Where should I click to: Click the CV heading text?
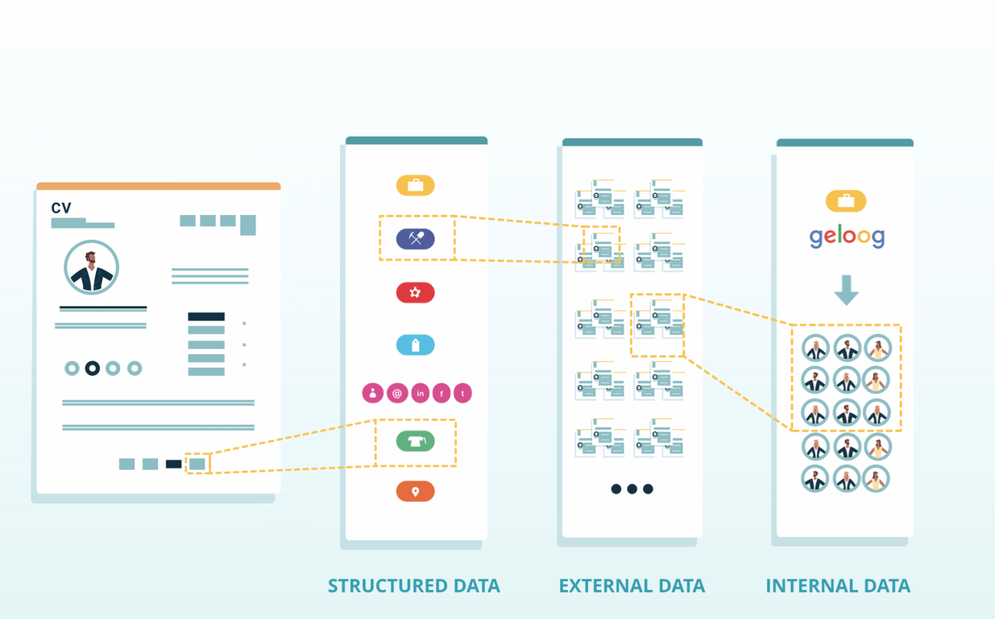(x=62, y=208)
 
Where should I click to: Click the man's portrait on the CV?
(x=91, y=268)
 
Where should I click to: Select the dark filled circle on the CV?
(x=93, y=368)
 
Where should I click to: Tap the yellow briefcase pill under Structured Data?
(x=415, y=185)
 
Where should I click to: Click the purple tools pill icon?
(x=415, y=239)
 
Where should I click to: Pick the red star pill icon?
(x=415, y=293)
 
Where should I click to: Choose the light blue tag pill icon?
(x=415, y=345)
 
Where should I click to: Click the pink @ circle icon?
(x=397, y=393)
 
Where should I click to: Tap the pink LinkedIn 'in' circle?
(x=420, y=393)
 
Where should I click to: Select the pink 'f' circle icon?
(x=441, y=393)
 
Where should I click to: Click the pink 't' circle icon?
(x=463, y=393)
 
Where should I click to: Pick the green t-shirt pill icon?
(x=415, y=441)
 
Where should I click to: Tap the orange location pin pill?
(x=415, y=491)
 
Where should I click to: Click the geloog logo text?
(x=847, y=237)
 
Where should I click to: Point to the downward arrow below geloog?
(x=847, y=291)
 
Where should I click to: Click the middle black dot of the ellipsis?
(x=632, y=489)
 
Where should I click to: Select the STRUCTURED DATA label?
(x=414, y=586)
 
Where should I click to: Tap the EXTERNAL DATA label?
(x=632, y=586)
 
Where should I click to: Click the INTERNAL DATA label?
(x=838, y=586)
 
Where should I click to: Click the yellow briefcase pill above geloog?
(x=846, y=201)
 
